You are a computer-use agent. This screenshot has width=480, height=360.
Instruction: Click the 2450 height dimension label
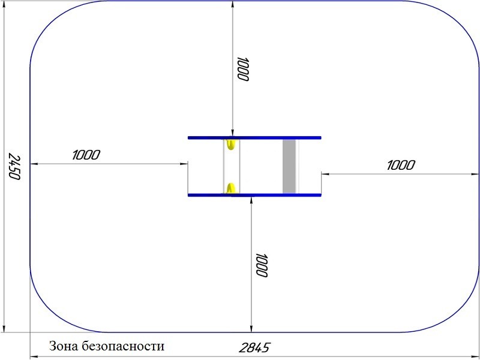pos(14,166)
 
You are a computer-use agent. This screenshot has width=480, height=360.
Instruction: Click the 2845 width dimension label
pos(254,348)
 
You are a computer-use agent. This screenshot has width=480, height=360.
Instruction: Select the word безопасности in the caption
pos(123,346)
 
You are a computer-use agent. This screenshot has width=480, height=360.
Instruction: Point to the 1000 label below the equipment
pos(262,265)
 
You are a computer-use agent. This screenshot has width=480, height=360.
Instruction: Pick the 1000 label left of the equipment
pos(86,155)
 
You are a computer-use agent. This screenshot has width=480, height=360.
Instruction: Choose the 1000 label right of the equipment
pos(401,166)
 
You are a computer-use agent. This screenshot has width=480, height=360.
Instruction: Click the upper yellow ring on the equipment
pos(230,144)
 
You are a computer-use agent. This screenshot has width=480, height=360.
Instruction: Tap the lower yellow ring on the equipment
pos(230,188)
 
